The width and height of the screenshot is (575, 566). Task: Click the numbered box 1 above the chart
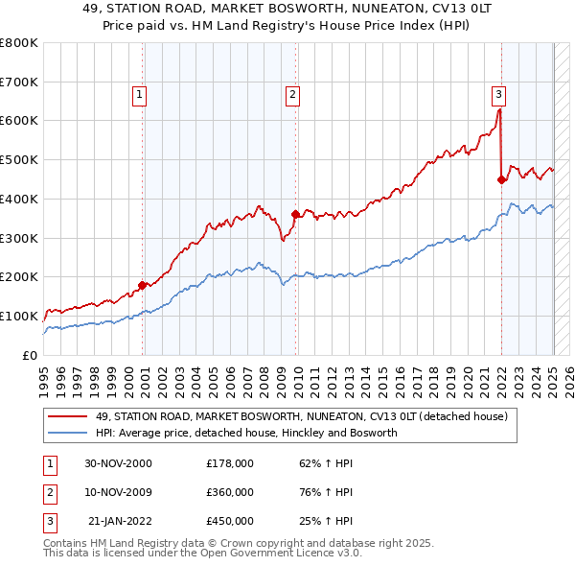(140, 94)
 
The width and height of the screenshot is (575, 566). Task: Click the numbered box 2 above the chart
(291, 94)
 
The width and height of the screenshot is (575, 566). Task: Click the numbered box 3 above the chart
(499, 94)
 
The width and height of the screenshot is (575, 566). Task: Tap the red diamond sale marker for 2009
(295, 214)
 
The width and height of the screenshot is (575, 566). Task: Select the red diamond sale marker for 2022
(501, 178)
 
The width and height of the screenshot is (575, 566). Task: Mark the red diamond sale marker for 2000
(143, 285)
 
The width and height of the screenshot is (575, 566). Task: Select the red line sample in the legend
(69, 416)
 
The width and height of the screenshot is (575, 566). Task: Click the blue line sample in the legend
(69, 433)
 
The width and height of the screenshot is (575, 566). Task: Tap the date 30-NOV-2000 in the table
(118, 463)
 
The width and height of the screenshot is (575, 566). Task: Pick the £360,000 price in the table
(230, 492)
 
